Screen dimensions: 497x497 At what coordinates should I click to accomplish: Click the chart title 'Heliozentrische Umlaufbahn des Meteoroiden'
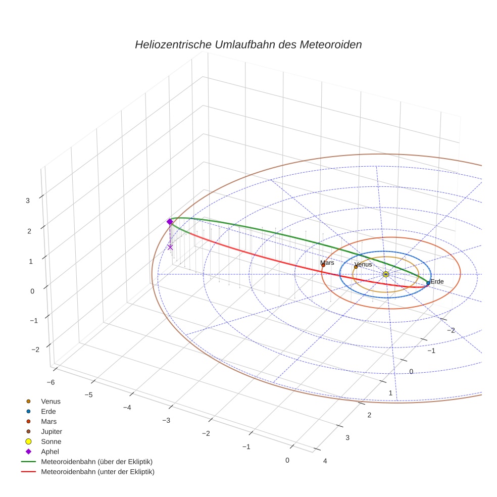(x=248, y=44)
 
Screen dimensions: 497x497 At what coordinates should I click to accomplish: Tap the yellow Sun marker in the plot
(x=386, y=274)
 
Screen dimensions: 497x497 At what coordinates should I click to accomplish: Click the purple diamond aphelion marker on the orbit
(x=170, y=222)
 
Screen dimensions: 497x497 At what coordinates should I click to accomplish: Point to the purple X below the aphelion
(x=170, y=247)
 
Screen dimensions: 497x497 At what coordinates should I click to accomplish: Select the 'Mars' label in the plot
(x=327, y=263)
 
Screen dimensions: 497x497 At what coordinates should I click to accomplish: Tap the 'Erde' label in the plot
(x=437, y=281)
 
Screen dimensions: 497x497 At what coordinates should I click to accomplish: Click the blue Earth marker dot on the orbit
(x=428, y=283)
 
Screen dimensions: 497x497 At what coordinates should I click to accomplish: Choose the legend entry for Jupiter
(x=51, y=431)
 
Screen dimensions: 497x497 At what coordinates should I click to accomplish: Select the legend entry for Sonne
(x=51, y=441)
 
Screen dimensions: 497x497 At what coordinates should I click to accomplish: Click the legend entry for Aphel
(x=50, y=452)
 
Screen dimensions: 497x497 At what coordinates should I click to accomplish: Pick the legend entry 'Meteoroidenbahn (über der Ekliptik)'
(x=96, y=462)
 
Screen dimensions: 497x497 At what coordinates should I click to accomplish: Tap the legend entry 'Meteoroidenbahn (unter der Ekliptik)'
(x=97, y=472)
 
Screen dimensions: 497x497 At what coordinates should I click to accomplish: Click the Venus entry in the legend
(x=51, y=401)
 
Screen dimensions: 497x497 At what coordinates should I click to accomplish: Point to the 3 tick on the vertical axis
(x=27, y=200)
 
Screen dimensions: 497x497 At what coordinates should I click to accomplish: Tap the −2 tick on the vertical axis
(x=35, y=350)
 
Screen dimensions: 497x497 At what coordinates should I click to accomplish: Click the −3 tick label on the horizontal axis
(x=166, y=420)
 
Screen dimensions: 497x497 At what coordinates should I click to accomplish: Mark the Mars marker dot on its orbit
(x=323, y=265)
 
